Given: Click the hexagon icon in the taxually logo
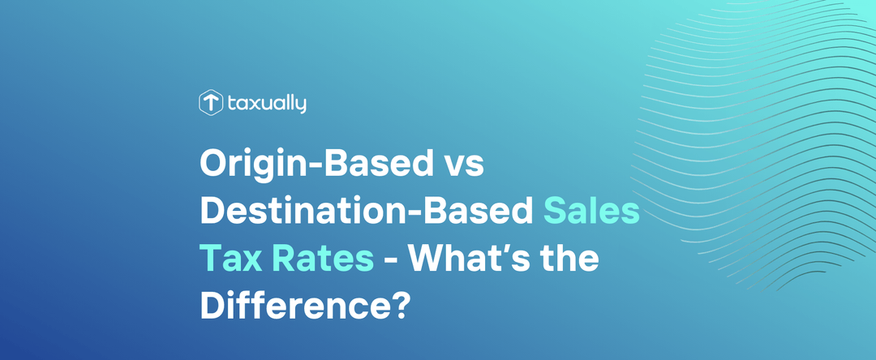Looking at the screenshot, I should (211, 103).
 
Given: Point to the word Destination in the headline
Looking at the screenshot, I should (293, 212).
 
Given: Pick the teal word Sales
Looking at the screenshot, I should (591, 212).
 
